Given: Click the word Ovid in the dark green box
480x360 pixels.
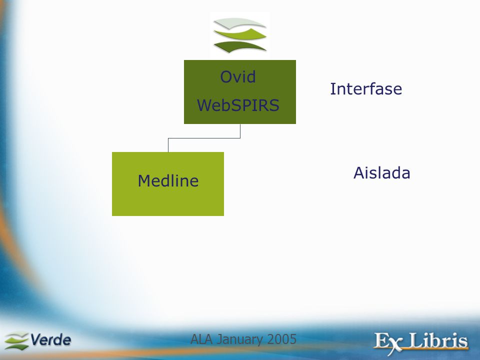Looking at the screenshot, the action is pyautogui.click(x=238, y=76).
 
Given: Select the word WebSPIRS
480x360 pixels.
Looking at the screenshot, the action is pyautogui.click(x=238, y=105).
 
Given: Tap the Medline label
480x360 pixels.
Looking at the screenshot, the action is pyautogui.click(x=168, y=180).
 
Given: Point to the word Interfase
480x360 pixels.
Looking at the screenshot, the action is pyautogui.click(x=366, y=89).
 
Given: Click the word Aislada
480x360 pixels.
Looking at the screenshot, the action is pyautogui.click(x=381, y=172).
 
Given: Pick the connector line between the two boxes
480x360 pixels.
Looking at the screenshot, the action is pyautogui.click(x=204, y=138).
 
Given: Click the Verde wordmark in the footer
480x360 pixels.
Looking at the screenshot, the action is pyautogui.click(x=51, y=340).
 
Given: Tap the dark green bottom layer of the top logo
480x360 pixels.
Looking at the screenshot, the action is pyautogui.click(x=239, y=46).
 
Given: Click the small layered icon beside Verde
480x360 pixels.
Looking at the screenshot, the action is pyautogui.click(x=16, y=340).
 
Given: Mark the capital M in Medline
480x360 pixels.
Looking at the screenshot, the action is pyautogui.click(x=144, y=180).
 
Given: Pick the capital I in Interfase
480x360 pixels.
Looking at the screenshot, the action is pyautogui.click(x=332, y=89).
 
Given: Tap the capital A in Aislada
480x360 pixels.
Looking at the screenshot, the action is pyautogui.click(x=359, y=172).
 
